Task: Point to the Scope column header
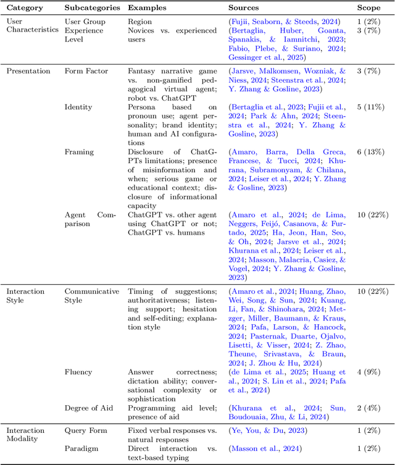point(369,7)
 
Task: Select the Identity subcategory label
point(78,107)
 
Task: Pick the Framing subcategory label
point(79,151)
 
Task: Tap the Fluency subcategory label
point(79,372)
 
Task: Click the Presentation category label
point(29,70)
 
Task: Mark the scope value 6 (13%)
point(372,151)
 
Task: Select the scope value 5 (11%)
point(372,107)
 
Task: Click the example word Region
point(139,22)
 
